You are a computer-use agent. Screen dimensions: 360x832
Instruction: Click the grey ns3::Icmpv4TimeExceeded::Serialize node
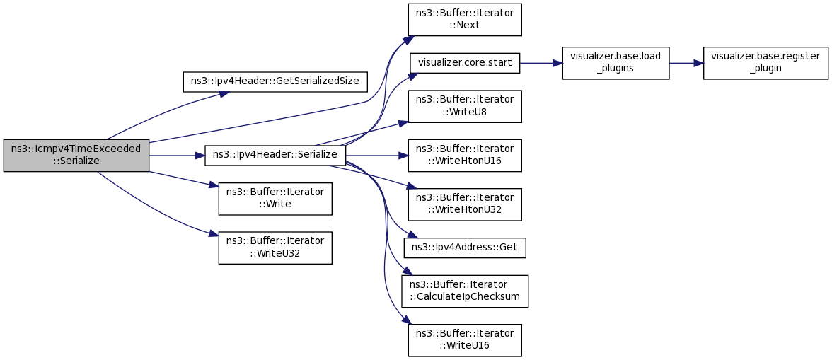76,155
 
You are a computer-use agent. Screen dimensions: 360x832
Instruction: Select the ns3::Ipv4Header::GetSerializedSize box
275,81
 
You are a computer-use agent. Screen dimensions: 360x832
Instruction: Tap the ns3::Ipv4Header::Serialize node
275,155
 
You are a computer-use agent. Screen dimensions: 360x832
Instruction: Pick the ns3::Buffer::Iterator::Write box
275,198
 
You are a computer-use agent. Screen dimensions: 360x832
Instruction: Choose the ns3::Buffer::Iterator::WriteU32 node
275,247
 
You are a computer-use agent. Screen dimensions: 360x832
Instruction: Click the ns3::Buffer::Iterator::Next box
465,19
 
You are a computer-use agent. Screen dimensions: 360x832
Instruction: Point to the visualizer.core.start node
465,62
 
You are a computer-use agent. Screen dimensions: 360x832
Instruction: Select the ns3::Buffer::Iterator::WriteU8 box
465,105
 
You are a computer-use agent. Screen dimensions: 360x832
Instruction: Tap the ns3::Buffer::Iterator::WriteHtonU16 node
465,155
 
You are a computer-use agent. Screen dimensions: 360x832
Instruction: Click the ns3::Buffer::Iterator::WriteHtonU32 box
465,204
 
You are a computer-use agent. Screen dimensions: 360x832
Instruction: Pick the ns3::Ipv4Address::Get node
465,248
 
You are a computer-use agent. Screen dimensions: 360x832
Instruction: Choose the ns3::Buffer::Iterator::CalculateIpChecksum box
465,291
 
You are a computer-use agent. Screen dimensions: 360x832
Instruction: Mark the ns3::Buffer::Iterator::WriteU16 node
465,339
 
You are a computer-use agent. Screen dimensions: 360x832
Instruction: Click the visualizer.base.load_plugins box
615,62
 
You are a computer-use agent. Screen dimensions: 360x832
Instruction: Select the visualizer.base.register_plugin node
765,62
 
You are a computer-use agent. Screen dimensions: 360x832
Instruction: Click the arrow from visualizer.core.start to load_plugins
541,62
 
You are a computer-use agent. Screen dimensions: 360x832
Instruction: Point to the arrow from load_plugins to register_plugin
686,62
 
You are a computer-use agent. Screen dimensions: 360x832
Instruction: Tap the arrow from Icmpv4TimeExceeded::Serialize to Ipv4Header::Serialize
177,155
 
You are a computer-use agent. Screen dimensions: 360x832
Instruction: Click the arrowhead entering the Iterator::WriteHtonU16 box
404,155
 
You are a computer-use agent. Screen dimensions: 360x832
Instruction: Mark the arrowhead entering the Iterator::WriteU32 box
214,234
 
